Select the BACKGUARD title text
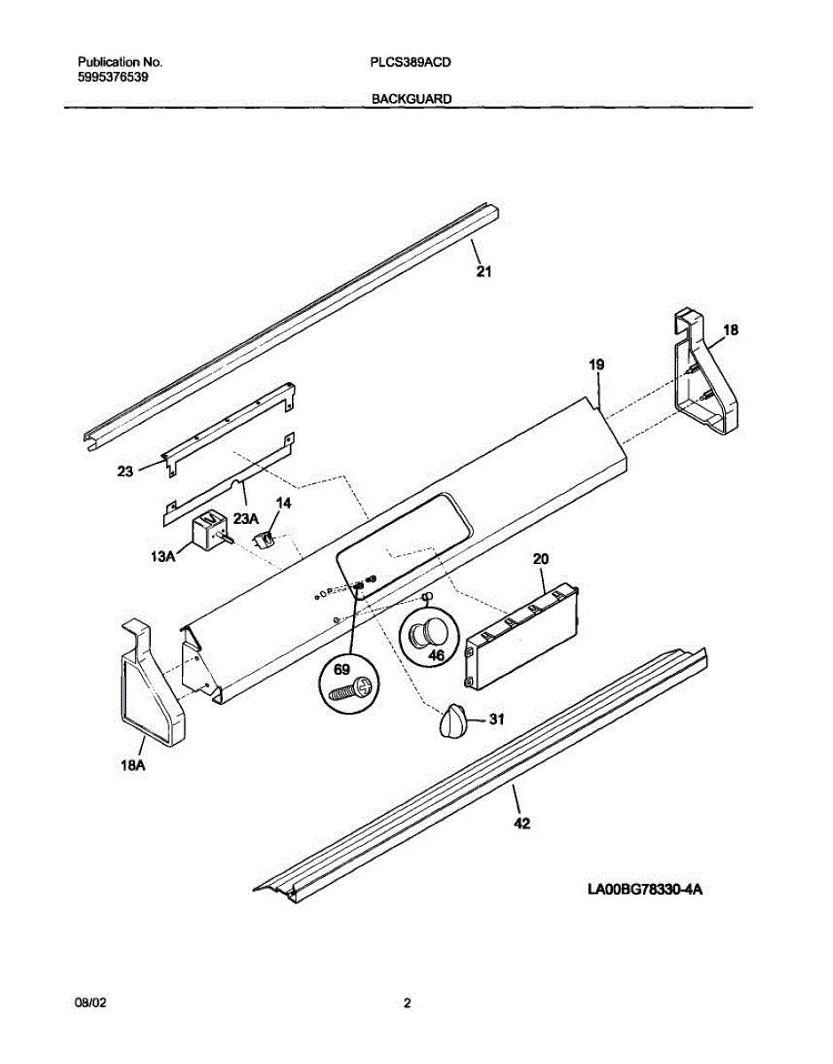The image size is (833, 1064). pos(412,99)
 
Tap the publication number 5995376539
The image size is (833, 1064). pos(113,77)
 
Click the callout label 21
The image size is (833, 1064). pos(483,271)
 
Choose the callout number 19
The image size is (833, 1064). pos(597,364)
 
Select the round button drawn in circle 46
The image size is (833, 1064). pos(428,633)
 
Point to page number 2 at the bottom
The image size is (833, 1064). pos(407,1004)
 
